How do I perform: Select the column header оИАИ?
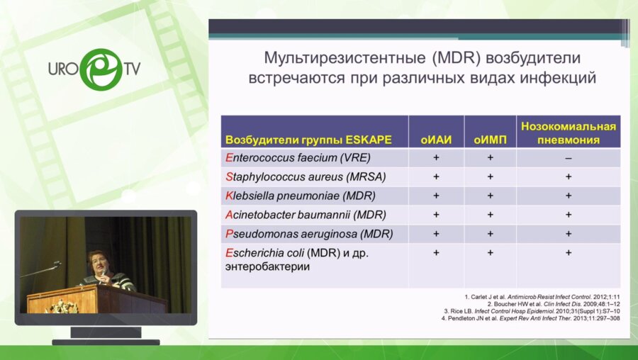[436, 139]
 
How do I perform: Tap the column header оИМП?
[490, 139]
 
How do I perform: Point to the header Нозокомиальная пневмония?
[568, 133]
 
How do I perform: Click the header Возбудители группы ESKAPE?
[308, 139]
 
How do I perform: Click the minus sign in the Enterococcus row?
[568, 157]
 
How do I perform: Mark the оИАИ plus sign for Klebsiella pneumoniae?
[436, 196]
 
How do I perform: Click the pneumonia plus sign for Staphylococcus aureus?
[568, 176]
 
